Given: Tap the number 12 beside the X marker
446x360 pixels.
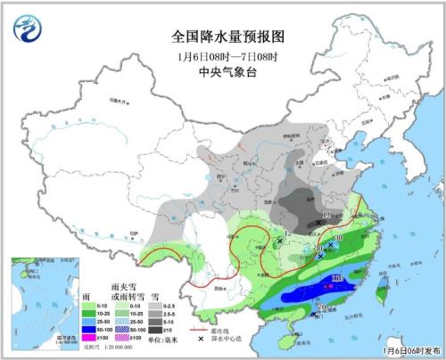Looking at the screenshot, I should click(x=286, y=234).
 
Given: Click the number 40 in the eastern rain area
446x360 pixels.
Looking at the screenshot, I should click(x=339, y=238).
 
